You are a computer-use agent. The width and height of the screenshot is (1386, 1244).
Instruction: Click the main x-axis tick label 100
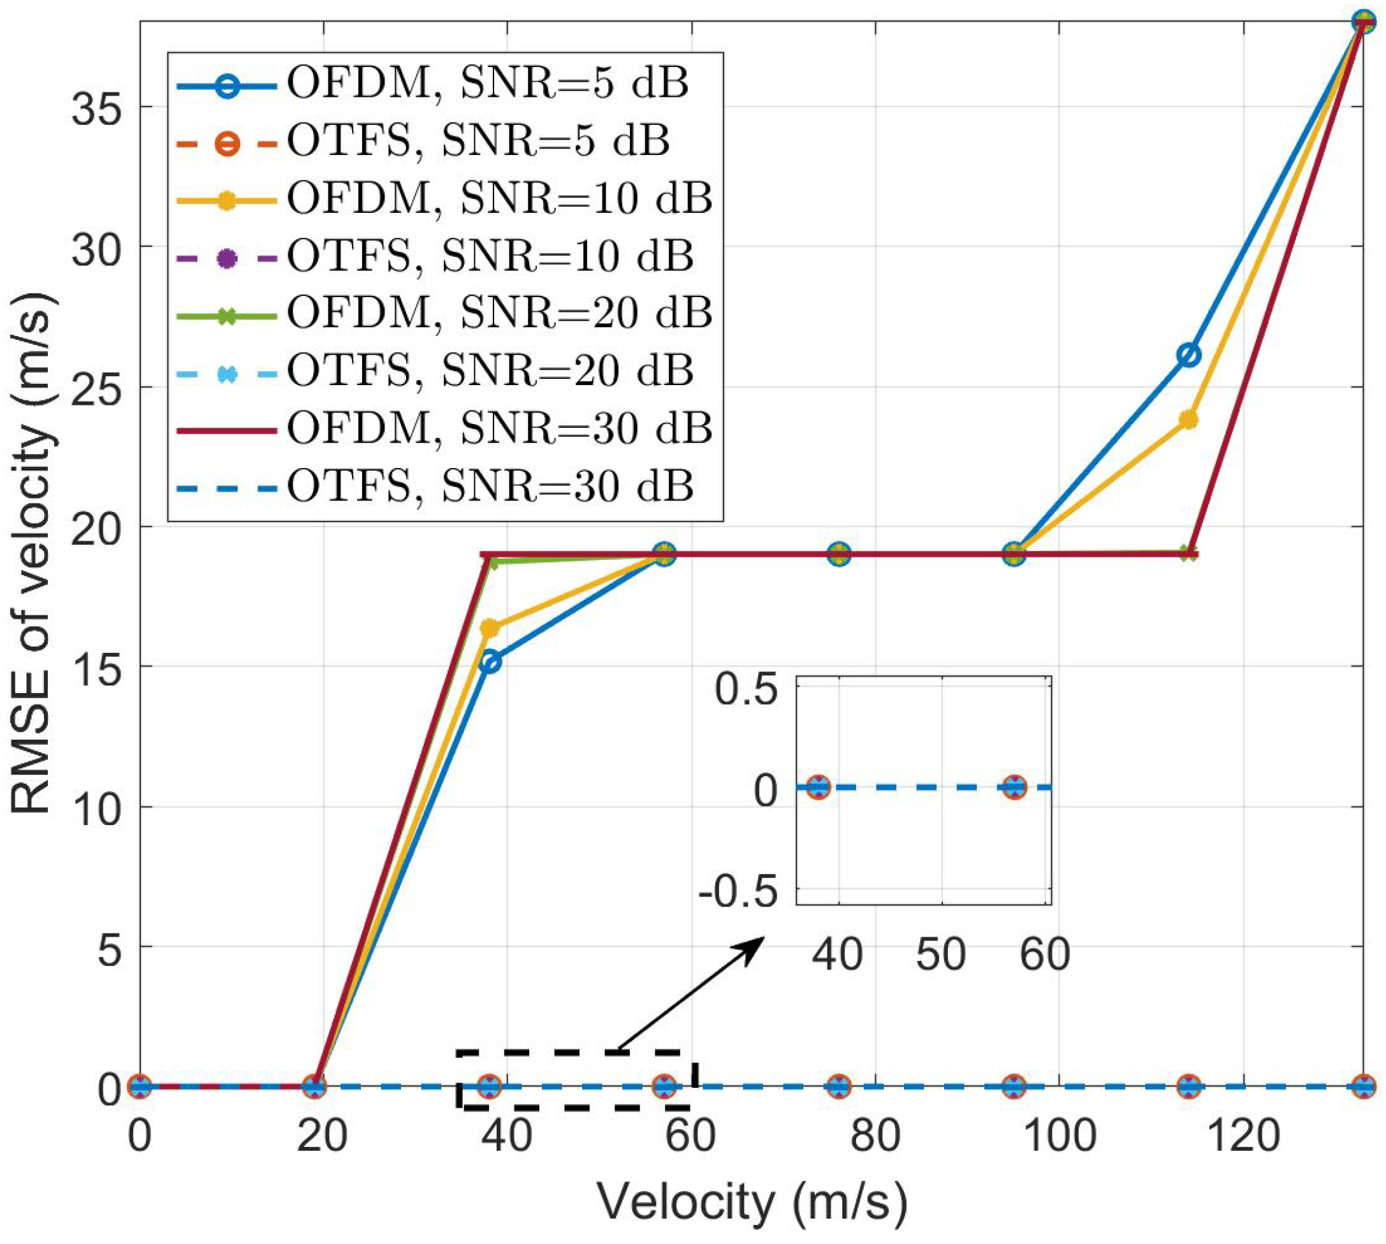1061,1137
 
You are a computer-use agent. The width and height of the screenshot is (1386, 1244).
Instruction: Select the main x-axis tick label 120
1244,1137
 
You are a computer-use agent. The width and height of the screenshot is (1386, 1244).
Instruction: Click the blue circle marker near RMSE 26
1189,355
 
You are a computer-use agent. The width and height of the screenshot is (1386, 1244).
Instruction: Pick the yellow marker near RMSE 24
1189,419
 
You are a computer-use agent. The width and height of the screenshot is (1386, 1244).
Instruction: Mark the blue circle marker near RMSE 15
490,662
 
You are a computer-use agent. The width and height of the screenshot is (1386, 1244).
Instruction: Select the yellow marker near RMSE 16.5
490,627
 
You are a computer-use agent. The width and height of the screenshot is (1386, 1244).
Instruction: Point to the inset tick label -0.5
738,893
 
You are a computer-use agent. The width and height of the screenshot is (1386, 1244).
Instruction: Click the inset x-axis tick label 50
941,955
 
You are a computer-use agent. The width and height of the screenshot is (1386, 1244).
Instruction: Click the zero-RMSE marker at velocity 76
839,1086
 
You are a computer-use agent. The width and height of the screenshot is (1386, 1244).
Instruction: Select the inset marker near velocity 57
1016,787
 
